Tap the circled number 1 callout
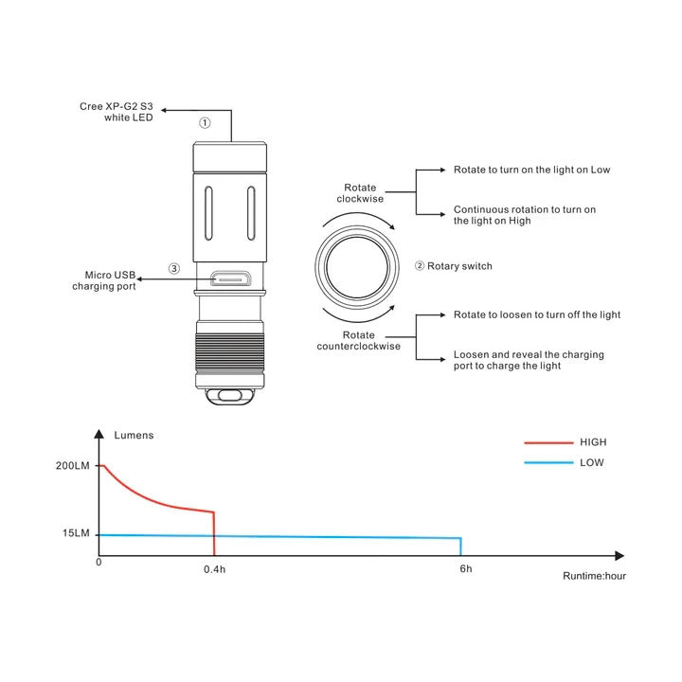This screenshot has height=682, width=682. pos(204,123)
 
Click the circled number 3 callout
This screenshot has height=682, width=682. pos(173,269)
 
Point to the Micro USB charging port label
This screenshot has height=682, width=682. pos(104,280)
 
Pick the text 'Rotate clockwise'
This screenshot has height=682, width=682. pos(359,193)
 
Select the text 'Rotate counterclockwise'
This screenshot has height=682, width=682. pos(359,341)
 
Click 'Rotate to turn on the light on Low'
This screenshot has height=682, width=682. pos(531,170)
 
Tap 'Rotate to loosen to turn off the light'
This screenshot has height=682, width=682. pos(537,314)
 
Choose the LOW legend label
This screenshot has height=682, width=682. pos(592,463)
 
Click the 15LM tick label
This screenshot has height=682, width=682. pos(76,534)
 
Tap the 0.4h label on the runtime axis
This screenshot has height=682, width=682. pos(215,569)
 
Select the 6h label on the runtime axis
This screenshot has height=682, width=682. pos(465,569)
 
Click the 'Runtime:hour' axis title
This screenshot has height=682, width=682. pos(594,575)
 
